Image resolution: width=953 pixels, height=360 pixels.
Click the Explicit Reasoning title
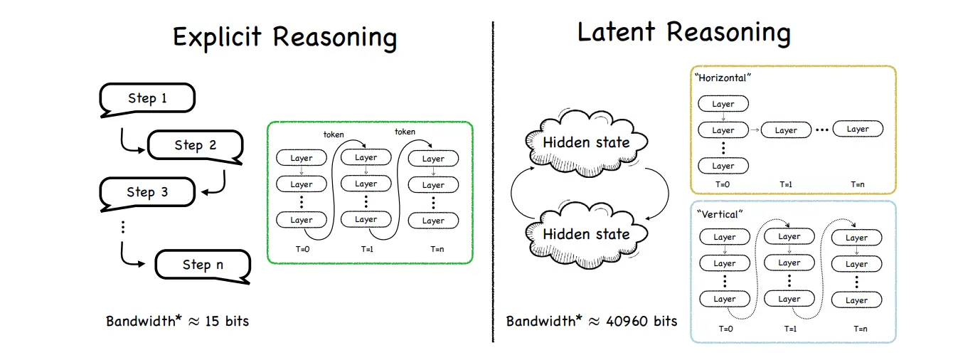[x=284, y=38]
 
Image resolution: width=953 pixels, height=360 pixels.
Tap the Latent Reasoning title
[x=683, y=33]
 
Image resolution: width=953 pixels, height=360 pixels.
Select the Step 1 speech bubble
[x=147, y=98]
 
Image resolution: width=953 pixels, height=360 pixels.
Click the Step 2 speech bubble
[x=195, y=145]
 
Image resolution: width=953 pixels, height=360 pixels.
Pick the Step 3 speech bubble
[x=147, y=192]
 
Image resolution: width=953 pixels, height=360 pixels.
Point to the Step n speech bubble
[x=203, y=265]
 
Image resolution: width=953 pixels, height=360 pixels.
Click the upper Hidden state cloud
[x=586, y=142]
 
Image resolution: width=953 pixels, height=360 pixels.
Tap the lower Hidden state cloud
[x=586, y=233]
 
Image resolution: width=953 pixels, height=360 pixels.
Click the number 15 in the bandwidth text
[x=213, y=321]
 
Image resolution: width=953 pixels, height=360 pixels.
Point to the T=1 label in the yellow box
[x=786, y=184]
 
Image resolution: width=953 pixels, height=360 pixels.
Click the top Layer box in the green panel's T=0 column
[x=301, y=158]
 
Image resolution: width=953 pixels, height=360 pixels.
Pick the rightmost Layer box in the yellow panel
[x=858, y=129]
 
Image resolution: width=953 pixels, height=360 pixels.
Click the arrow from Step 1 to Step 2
[x=129, y=142]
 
